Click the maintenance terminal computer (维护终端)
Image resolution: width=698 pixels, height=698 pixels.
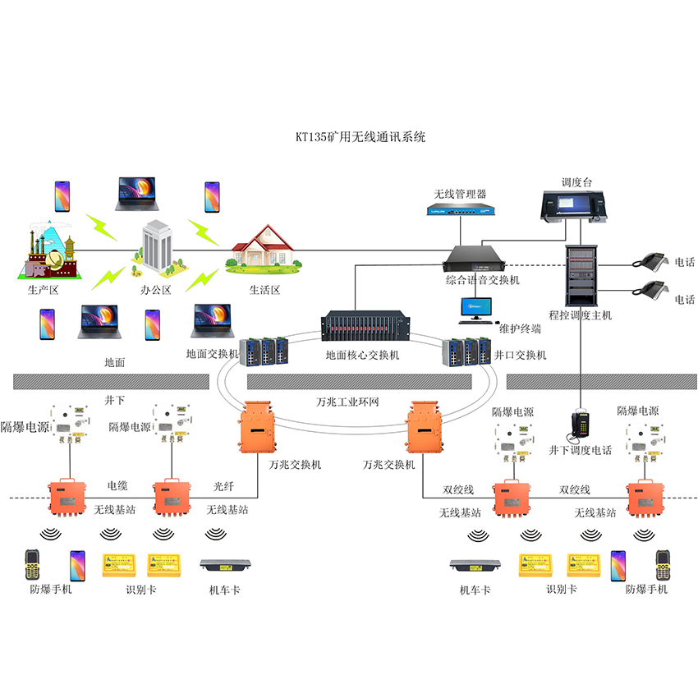coord(476,310)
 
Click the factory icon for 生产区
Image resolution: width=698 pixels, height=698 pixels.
coord(48,251)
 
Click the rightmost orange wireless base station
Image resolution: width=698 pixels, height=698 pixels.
coord(645,497)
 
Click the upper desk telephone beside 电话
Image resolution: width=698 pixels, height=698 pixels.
coord(650,261)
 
